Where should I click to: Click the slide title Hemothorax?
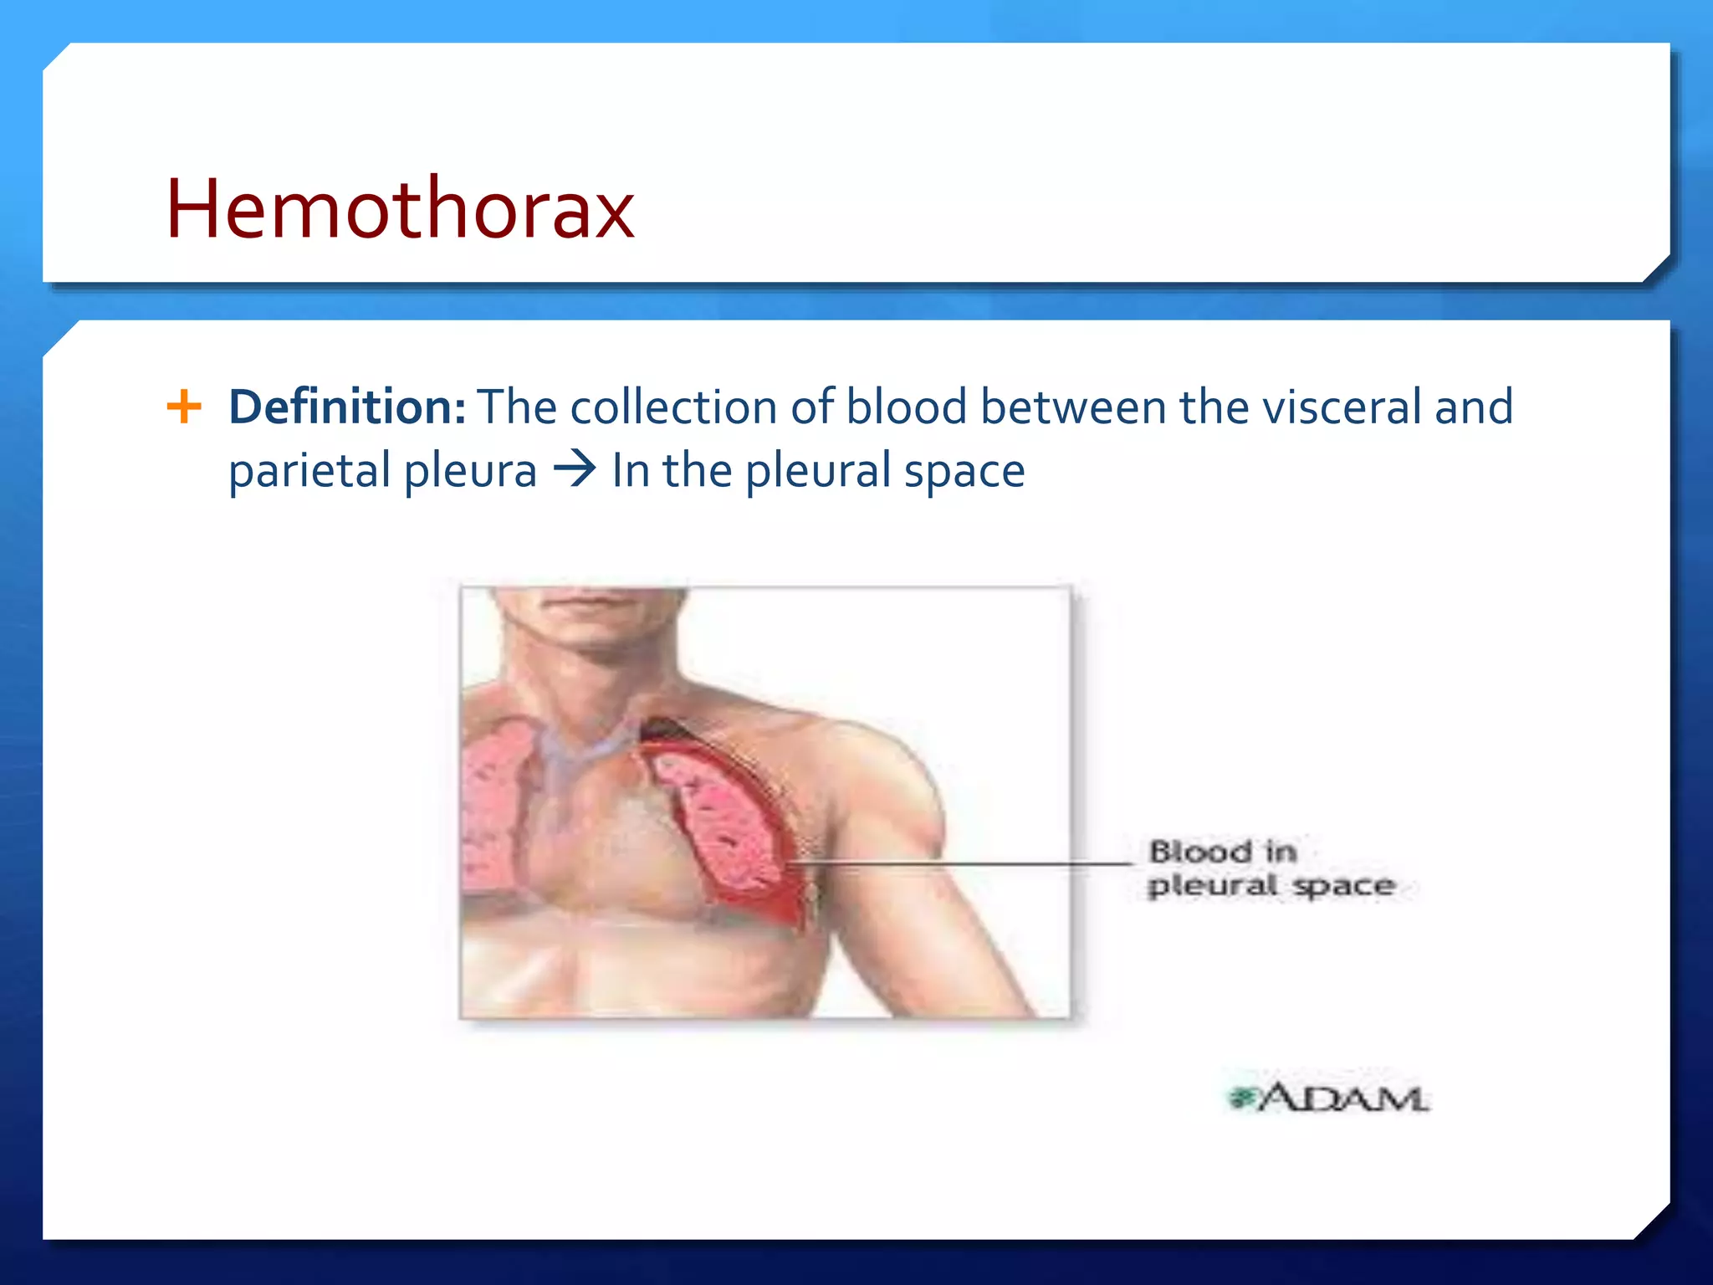click(400, 209)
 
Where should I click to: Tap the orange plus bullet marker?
click(184, 407)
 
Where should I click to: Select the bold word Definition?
click(347, 407)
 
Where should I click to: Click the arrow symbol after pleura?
click(575, 469)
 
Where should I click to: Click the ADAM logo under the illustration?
click(1328, 1098)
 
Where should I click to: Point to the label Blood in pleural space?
click(1270, 868)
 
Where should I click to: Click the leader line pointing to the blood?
click(962, 862)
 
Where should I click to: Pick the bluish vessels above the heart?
click(577, 753)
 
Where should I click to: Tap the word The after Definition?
click(517, 407)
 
